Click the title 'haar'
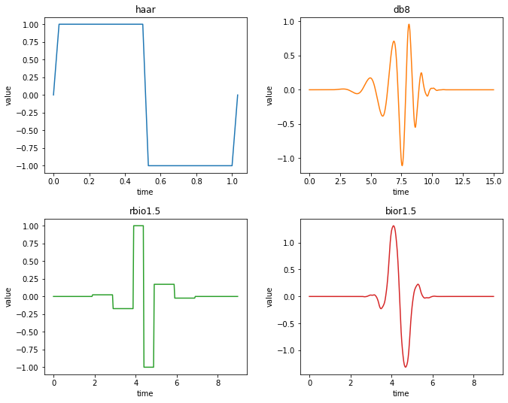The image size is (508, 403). coord(145,9)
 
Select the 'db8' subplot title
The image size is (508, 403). coord(401,9)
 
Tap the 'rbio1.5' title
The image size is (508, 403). coord(145,211)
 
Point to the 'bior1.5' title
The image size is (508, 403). coord(401,211)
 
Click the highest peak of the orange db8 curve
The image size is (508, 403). coord(409,24)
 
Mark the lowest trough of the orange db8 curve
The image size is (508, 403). coord(402,165)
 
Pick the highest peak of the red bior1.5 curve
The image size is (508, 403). coord(393,226)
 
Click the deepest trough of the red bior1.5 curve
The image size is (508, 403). coord(406,367)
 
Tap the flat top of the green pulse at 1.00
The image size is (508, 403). coord(138,226)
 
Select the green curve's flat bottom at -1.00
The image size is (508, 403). coord(148,367)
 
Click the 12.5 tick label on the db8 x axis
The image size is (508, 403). coord(463,182)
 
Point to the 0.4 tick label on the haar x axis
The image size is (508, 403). coord(125,182)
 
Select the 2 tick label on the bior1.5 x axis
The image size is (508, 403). coord(350,383)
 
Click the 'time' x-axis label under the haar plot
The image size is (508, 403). coord(145,192)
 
